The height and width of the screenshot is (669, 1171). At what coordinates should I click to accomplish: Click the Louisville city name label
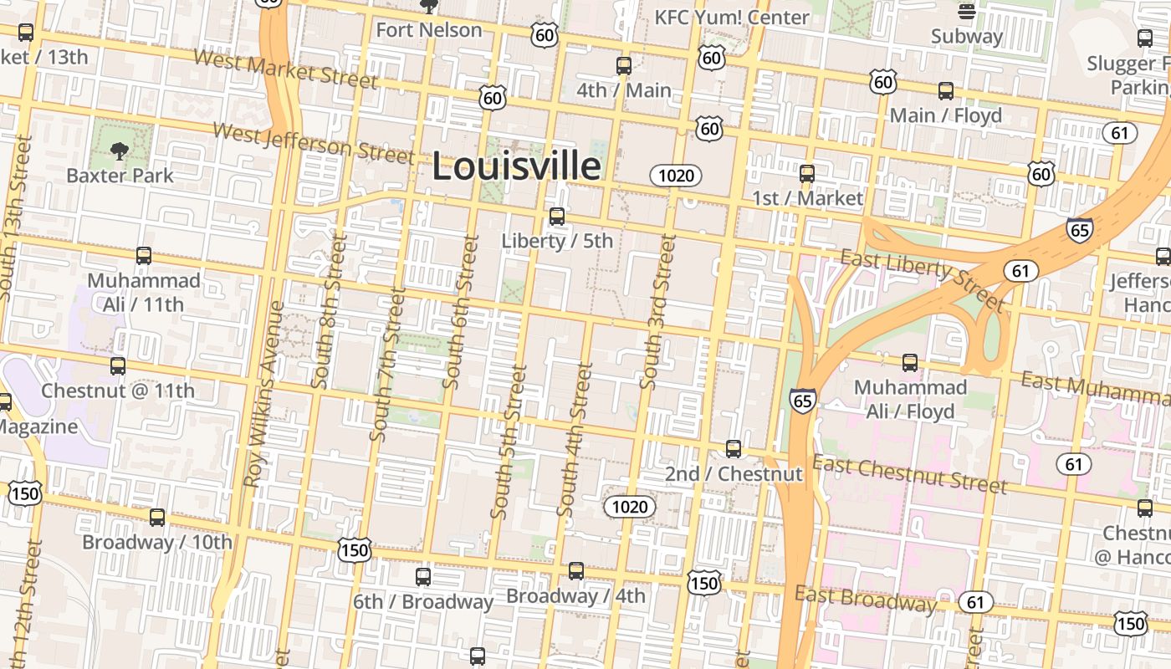(x=516, y=166)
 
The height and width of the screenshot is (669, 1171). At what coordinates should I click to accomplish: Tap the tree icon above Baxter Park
(x=120, y=151)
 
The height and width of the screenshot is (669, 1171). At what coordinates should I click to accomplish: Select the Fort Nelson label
(x=429, y=30)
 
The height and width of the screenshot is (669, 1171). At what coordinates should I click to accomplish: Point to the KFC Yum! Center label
(x=731, y=17)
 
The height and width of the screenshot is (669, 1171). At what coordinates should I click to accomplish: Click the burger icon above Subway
(x=967, y=12)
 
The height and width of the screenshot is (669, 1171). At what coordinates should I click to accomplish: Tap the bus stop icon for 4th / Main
(x=623, y=66)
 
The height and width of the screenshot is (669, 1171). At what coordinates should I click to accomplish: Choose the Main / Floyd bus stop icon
(x=945, y=91)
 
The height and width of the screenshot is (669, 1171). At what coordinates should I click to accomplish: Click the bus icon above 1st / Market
(x=807, y=174)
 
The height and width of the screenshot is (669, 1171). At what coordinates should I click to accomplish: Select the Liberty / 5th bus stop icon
(x=557, y=217)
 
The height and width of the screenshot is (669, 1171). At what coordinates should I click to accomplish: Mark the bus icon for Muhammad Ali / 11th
(x=144, y=256)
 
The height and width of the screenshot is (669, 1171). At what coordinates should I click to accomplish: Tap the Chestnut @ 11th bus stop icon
(x=118, y=365)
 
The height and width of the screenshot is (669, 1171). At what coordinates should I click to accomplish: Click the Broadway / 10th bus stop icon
(x=157, y=518)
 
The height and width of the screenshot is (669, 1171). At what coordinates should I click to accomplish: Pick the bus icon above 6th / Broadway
(x=423, y=577)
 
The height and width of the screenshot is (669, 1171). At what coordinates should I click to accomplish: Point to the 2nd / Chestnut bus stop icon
(x=734, y=449)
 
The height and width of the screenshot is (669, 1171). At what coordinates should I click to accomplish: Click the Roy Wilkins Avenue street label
(x=263, y=393)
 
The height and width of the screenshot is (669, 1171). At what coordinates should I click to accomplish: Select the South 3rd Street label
(x=657, y=311)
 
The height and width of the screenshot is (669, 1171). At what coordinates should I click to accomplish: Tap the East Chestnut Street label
(x=909, y=474)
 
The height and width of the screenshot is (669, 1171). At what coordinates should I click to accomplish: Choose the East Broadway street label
(x=865, y=598)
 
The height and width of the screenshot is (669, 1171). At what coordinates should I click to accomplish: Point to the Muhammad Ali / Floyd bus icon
(x=910, y=364)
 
